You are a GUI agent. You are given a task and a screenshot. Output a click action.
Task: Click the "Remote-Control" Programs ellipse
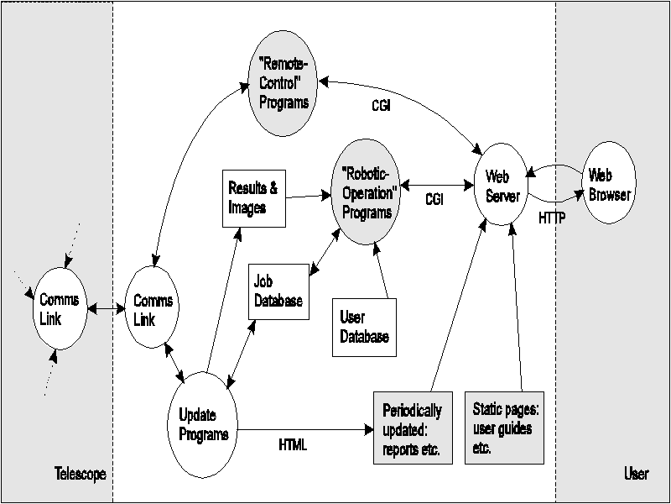click(283, 81)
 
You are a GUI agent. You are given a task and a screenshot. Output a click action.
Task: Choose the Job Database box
click(276, 291)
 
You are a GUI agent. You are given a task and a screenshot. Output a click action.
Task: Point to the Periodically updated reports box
click(412, 427)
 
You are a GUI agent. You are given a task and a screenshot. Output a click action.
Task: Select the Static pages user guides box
click(504, 427)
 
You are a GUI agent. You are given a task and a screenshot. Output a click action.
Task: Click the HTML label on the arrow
click(293, 445)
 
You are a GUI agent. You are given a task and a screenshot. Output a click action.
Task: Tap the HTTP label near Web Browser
click(550, 217)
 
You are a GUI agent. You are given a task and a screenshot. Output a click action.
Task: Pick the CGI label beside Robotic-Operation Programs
click(434, 201)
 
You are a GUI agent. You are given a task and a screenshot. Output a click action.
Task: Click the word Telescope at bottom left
click(81, 475)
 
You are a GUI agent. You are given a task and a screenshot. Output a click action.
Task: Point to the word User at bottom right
click(636, 475)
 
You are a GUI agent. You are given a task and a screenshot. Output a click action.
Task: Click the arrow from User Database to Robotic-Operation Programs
click(382, 268)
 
